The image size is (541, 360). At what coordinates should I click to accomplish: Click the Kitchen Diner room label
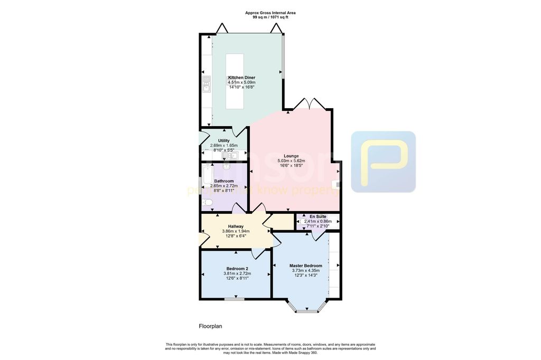tap(241, 78)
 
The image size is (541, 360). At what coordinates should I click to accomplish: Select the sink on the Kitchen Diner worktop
tap(207, 84)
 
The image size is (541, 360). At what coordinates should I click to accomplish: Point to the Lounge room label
tap(291, 156)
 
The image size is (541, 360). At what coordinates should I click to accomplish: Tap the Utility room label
tap(223, 140)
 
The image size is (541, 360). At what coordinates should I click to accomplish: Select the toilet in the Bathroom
tap(207, 203)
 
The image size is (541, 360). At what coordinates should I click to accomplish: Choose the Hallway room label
tap(235, 226)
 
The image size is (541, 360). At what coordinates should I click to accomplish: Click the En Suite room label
tap(318, 216)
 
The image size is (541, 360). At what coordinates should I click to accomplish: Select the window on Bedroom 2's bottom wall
tap(234, 299)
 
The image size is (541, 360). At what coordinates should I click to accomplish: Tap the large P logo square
tap(383, 162)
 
